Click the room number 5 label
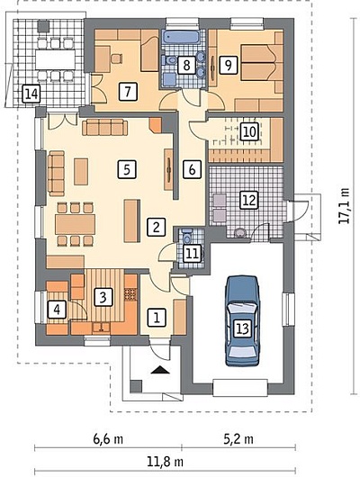click(127, 169)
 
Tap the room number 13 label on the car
click(242, 328)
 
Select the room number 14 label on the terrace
click(31, 94)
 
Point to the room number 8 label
click(186, 65)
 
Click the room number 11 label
click(193, 254)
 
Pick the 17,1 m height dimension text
click(344, 205)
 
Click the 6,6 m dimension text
click(108, 439)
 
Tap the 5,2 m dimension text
click(238, 439)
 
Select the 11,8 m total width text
click(166, 462)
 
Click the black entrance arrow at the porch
click(160, 370)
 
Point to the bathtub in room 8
click(182, 38)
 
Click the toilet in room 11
click(187, 236)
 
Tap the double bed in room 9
click(258, 63)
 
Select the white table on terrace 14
click(56, 59)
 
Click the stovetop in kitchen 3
click(130, 294)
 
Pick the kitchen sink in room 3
click(102, 328)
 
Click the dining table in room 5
click(76, 224)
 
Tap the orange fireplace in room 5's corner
click(156, 125)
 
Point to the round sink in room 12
click(240, 233)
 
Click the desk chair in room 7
click(116, 58)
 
